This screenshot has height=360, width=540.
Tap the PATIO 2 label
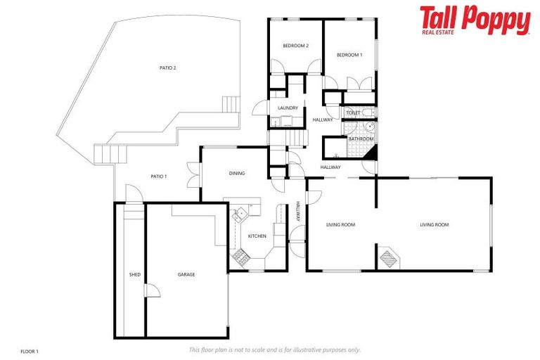[167, 68]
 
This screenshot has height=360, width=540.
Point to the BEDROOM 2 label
[295, 46]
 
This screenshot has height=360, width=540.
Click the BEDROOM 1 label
[349, 55]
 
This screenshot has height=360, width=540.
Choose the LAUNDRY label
[288, 108]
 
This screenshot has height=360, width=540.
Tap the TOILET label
[353, 112]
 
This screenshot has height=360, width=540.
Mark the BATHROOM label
[361, 139]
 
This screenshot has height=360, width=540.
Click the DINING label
[237, 173]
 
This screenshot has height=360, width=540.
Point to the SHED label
[134, 274]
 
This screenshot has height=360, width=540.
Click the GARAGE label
[186, 274]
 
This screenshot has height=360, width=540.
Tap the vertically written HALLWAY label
[298, 212]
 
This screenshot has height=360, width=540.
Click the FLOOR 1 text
[29, 350]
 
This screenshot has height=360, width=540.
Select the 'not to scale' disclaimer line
[274, 349]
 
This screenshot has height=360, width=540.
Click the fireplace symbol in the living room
[388, 258]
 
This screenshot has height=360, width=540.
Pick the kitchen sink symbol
[242, 213]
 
